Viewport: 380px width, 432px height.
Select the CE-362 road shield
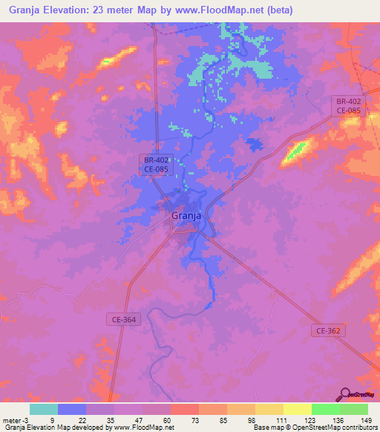pyautogui.click(x=328, y=331)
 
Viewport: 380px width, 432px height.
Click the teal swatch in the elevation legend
pyautogui.click(x=43, y=409)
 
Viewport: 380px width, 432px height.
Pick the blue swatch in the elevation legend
pyautogui.click(x=71, y=409)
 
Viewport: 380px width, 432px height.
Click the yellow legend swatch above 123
pyautogui.click(x=297, y=409)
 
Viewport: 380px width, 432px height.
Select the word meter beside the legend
pyautogui.click(x=11, y=419)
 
